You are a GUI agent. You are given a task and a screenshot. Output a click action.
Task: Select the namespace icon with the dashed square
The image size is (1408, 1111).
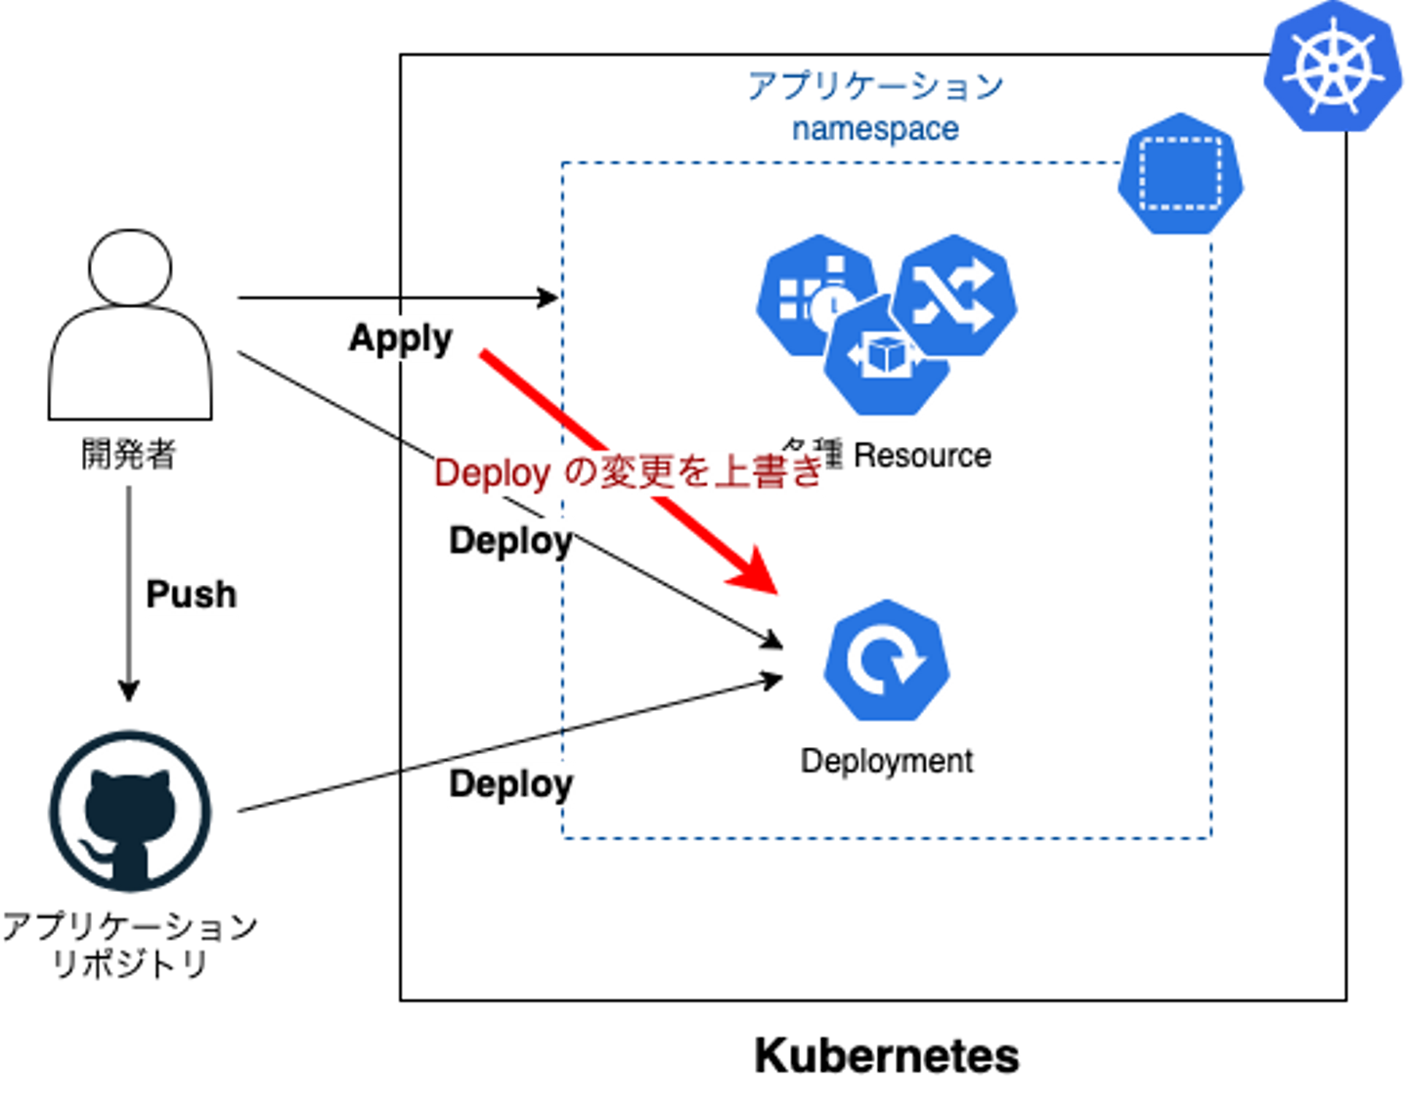[1180, 173]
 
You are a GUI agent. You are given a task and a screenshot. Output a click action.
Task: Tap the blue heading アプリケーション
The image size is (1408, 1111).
[875, 87]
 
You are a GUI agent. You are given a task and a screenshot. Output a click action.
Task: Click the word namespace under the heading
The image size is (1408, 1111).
[875, 131]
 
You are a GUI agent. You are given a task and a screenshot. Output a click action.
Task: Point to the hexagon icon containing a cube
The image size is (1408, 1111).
[885, 357]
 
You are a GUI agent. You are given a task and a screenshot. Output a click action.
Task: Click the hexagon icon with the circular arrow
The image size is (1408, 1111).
[886, 660]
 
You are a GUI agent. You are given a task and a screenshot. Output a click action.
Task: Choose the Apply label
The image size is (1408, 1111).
[401, 338]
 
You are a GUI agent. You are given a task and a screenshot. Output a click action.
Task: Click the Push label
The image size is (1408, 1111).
[191, 593]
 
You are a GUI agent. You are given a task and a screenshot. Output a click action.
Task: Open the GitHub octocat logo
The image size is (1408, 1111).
[131, 811]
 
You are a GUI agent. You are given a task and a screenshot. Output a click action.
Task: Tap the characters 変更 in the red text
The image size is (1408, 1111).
[647, 473]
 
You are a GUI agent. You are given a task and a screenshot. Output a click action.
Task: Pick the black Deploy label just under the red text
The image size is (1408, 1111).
[510, 541]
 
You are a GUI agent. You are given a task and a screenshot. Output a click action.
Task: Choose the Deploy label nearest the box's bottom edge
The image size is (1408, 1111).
[510, 784]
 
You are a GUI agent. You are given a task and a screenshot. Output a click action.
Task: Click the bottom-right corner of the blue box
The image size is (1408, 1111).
[1210, 836]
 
